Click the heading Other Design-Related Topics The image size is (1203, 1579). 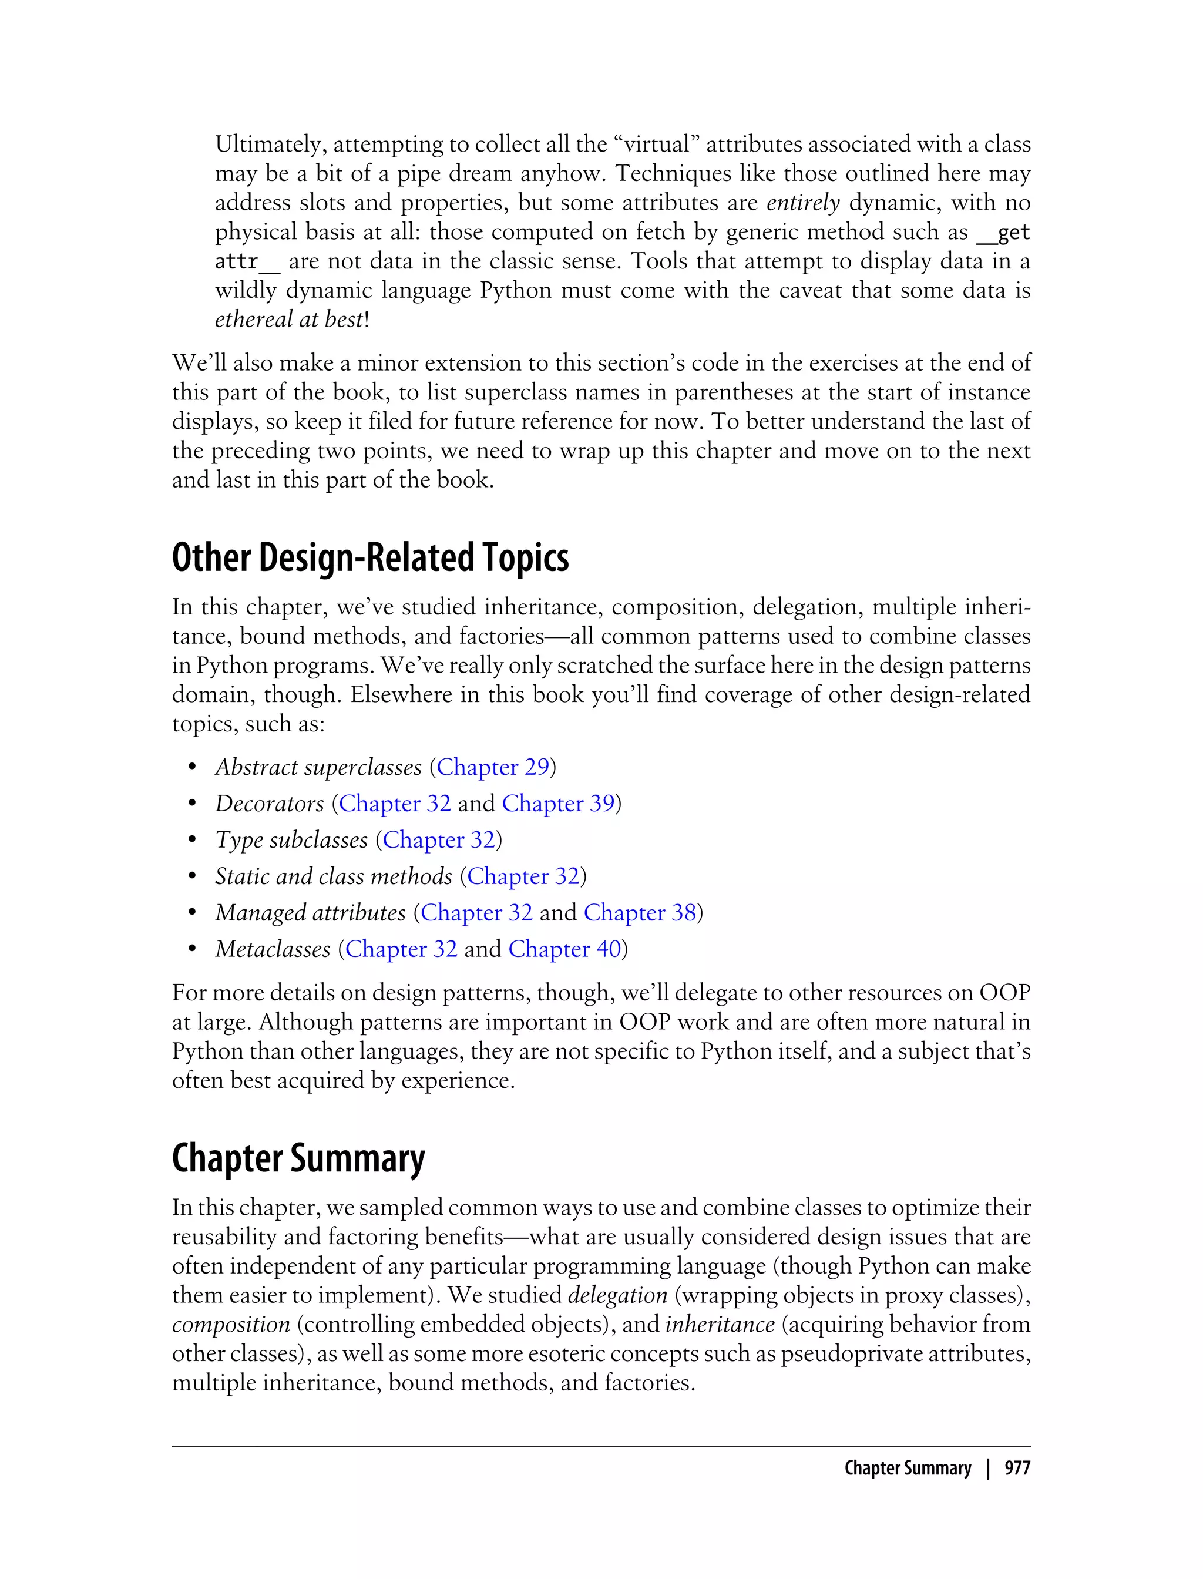(x=370, y=558)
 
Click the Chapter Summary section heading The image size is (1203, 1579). (x=298, y=1158)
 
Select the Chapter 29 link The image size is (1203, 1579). (x=493, y=767)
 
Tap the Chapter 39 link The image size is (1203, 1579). (x=559, y=804)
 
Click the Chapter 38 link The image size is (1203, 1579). (x=640, y=912)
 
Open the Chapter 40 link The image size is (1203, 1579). (x=565, y=949)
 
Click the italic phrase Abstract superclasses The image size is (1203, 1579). (x=318, y=767)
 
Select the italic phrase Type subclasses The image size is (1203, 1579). (x=291, y=840)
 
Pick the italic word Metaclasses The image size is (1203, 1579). (x=273, y=949)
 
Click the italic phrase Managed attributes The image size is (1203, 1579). (x=311, y=912)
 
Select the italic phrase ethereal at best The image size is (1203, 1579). (x=289, y=320)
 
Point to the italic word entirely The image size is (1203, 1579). (x=803, y=203)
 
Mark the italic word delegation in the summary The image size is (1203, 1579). (x=617, y=1295)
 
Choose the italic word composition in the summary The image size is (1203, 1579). (x=231, y=1324)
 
